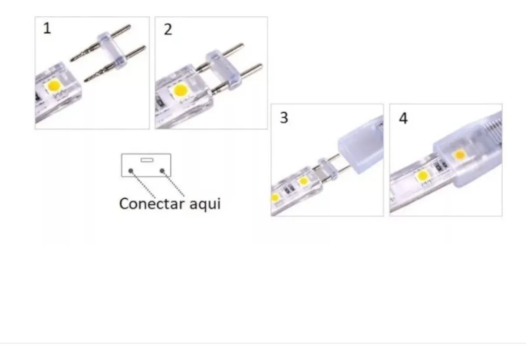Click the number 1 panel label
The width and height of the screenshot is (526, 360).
tap(47, 28)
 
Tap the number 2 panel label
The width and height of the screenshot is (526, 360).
tap(168, 29)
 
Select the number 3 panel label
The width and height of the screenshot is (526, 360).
tap(284, 118)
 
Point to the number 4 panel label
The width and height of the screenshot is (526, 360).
tap(403, 118)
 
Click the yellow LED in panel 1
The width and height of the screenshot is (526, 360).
tap(54, 85)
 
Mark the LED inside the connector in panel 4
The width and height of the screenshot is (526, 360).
tap(460, 154)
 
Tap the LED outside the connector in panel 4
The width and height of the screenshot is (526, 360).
tap(423, 176)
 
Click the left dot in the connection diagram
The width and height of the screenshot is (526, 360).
tap(131, 171)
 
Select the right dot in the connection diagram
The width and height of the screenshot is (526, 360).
tap(162, 171)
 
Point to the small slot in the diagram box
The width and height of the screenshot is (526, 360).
tap(146, 160)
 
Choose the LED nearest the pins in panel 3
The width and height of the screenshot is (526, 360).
tap(303, 181)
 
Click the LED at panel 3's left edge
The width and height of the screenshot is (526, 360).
tap(275, 198)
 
